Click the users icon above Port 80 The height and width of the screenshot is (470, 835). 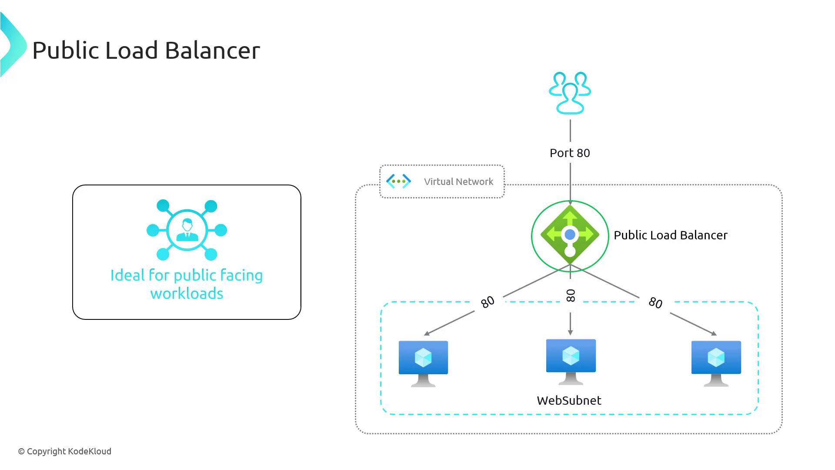(570, 93)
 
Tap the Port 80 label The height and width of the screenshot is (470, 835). (570, 153)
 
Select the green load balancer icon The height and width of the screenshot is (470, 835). (570, 235)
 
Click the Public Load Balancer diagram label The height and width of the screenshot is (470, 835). (670, 235)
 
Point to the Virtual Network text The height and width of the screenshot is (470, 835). (458, 182)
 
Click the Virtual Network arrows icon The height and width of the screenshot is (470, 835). (398, 181)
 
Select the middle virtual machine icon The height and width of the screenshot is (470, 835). (571, 362)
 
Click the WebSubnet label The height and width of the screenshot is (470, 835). (569, 401)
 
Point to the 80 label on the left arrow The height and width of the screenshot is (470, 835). (488, 302)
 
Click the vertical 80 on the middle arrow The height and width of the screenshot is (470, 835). (571, 295)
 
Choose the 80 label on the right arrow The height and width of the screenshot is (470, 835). (655, 302)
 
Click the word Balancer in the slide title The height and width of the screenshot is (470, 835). (212, 50)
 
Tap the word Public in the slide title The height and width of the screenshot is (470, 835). (65, 50)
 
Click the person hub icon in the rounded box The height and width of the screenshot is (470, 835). (187, 230)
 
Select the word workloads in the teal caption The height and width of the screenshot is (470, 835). (187, 294)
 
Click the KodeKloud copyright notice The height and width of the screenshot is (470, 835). (65, 452)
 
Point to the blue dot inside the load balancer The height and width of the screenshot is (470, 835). (570, 235)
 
